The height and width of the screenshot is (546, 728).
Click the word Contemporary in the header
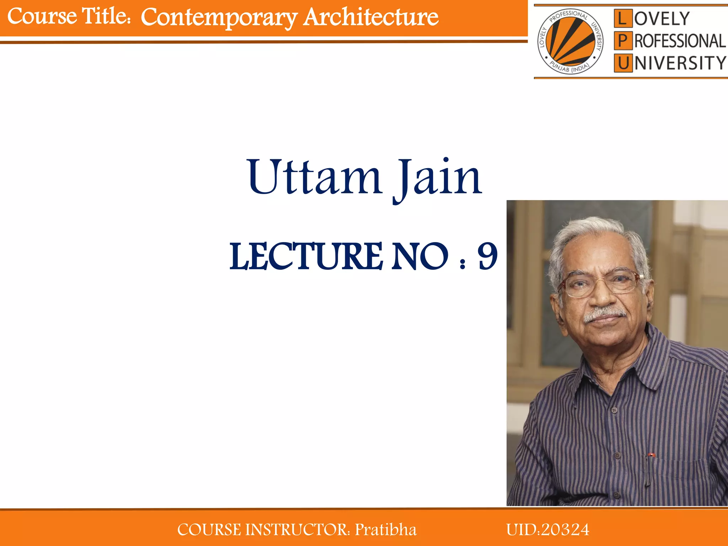(219, 17)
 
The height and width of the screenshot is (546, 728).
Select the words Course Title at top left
(68, 16)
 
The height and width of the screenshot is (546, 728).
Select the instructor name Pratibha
(386, 530)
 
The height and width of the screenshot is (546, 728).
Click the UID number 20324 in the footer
(565, 530)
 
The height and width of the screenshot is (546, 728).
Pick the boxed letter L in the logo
(623, 19)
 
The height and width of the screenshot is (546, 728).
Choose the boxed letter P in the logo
(623, 41)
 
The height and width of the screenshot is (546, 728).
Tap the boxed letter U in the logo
(623, 63)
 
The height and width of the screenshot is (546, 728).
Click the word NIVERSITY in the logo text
(680, 63)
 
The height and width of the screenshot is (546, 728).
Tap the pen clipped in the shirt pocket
(649, 469)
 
